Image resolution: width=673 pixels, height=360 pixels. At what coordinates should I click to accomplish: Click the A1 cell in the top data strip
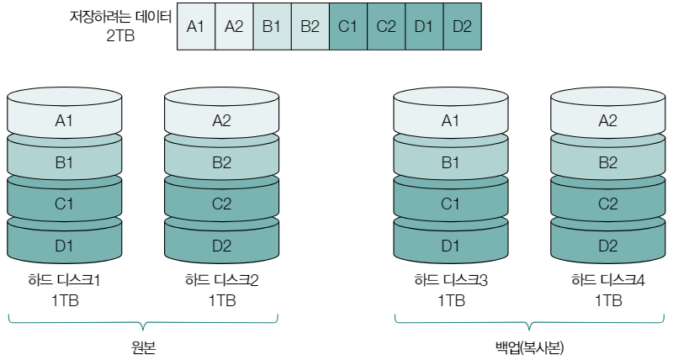click(x=196, y=26)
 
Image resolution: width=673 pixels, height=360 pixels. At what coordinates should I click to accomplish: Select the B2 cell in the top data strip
click(x=310, y=26)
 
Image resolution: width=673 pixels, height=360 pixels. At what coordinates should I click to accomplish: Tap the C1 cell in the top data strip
click(x=347, y=26)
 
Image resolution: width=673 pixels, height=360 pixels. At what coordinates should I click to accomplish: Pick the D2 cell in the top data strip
click(x=462, y=26)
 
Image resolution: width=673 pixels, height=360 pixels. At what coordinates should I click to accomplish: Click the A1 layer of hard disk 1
click(x=65, y=120)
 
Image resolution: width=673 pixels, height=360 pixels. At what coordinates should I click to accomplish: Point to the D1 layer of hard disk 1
click(x=65, y=246)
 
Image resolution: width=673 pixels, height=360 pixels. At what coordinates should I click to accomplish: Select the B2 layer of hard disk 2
click(x=221, y=162)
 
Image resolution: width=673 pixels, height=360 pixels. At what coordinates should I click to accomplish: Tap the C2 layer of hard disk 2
click(x=221, y=204)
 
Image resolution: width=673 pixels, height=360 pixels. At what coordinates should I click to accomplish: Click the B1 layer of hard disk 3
click(x=452, y=162)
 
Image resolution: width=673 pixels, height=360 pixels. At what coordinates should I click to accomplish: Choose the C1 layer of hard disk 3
click(x=452, y=204)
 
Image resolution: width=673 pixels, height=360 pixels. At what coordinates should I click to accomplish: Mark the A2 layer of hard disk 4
click(x=608, y=120)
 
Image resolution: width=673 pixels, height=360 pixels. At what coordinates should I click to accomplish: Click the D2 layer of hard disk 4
click(x=608, y=246)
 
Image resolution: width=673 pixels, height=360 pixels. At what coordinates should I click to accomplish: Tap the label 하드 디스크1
click(x=65, y=280)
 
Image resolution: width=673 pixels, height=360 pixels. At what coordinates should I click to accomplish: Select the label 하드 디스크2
click(x=221, y=280)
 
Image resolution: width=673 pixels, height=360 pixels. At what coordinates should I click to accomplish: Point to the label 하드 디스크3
click(x=452, y=280)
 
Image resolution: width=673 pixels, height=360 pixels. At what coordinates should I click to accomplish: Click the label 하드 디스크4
click(x=608, y=280)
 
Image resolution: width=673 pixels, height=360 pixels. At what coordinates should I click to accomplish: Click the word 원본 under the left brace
click(x=143, y=347)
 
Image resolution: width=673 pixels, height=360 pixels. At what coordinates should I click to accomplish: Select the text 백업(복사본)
click(x=530, y=347)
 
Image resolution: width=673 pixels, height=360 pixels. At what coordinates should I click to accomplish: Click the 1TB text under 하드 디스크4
click(x=608, y=300)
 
